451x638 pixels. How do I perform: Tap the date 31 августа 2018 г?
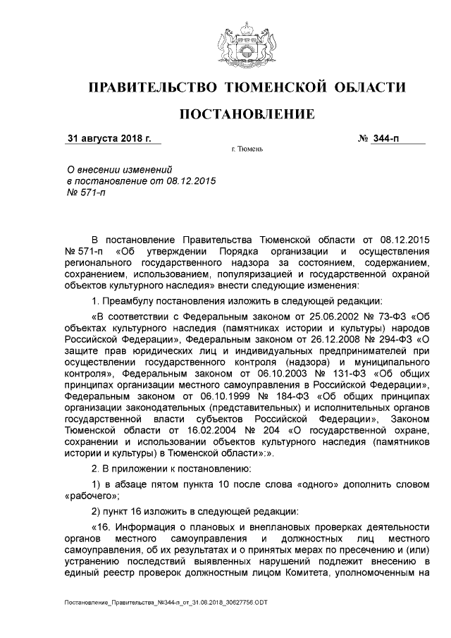[x=109, y=137]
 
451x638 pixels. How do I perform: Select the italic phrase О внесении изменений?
[x=115, y=169]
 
